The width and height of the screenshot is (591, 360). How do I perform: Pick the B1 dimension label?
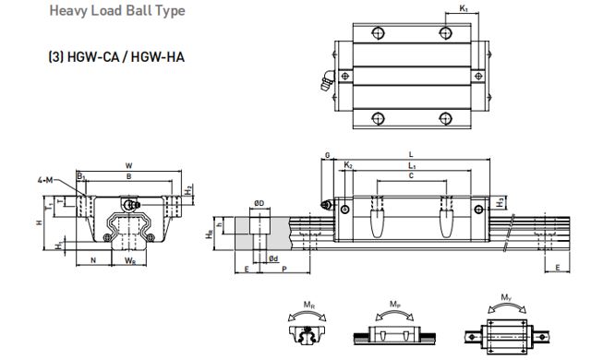click(81, 175)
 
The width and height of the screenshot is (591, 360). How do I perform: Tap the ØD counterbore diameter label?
click(259, 203)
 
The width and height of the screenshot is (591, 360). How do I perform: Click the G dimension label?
click(327, 157)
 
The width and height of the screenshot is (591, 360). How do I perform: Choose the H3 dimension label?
click(501, 200)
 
